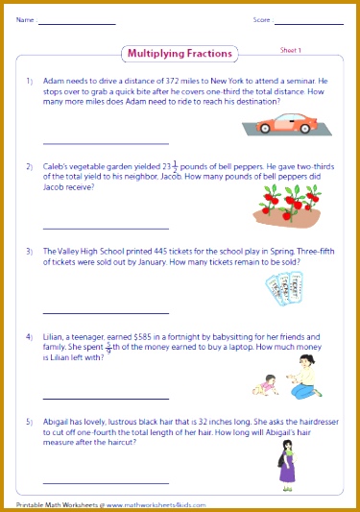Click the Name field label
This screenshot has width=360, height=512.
point(25,19)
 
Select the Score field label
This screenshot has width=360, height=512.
point(261,19)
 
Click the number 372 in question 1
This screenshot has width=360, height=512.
point(170,82)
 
